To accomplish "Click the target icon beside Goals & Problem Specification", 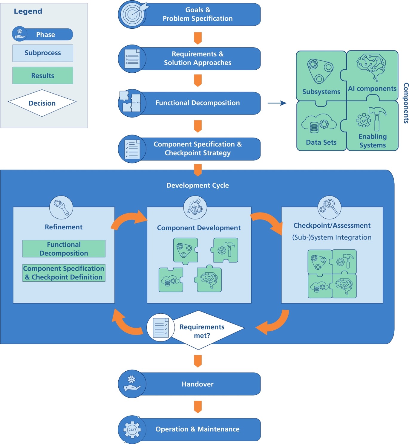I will (x=132, y=14).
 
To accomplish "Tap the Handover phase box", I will (x=197, y=384).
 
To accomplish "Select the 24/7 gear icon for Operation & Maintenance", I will (x=132, y=430).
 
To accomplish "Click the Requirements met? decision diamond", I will (x=202, y=331).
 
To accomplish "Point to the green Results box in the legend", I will (x=43, y=76).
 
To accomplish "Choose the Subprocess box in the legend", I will (x=43, y=53).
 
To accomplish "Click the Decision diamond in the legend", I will (x=42, y=103).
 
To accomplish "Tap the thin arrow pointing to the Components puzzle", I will (x=277, y=103).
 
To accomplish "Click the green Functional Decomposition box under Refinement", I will (x=64, y=249).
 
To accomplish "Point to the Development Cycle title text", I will (x=197, y=185).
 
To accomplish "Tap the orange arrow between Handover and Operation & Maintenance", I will (x=198, y=407).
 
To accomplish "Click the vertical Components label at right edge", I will (x=406, y=103).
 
